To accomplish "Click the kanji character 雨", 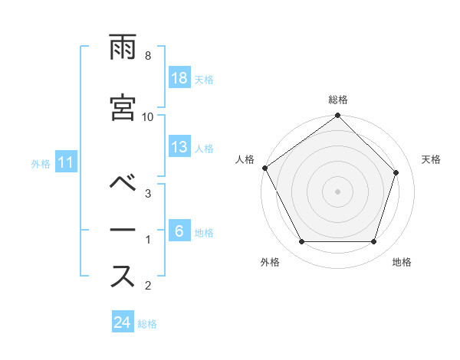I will [123, 51].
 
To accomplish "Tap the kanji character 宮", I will [123, 106].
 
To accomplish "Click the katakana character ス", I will [123, 277].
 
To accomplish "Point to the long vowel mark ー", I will [123, 230].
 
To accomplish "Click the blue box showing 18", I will [180, 78].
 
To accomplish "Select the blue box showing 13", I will [180, 147].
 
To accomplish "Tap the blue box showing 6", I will [180, 231].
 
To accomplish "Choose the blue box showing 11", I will [65, 162].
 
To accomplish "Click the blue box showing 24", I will [122, 322].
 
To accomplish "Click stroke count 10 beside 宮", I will [148, 116].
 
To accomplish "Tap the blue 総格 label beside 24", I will [147, 323].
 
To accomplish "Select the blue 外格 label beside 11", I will [41, 163].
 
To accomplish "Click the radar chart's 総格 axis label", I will [338, 100].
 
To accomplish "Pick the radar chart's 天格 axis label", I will [432, 159].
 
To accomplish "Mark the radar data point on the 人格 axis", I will [265, 168].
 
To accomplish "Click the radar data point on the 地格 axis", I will [373, 242].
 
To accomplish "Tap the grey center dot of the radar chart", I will [338, 191].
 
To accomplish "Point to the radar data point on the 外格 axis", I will [302, 242].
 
